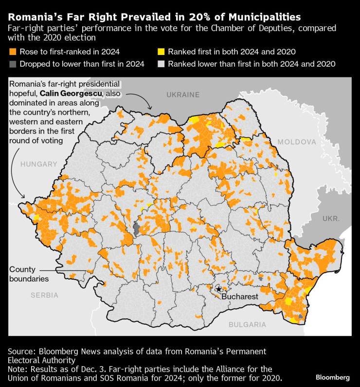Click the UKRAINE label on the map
tap(183, 95)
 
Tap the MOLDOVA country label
tap(297, 142)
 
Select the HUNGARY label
tap(39, 164)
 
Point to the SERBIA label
tap(44, 295)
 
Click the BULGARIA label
tap(248, 324)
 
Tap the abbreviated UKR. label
tap(331, 219)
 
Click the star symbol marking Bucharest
tap(218, 289)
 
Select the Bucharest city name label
tap(239, 296)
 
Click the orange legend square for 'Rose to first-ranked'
tap(12, 52)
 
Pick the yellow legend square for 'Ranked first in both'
tap(161, 52)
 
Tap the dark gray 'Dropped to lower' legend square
tap(12, 64)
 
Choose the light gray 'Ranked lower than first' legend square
tap(161, 64)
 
